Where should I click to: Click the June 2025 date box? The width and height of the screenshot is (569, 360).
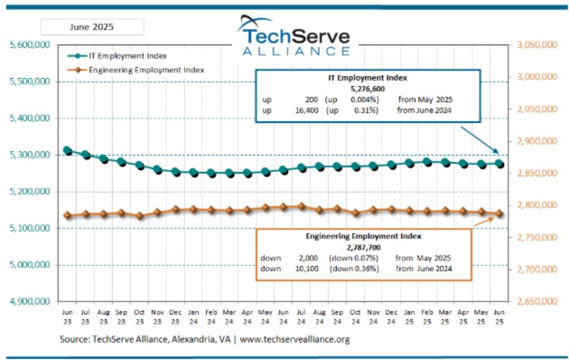[92, 27]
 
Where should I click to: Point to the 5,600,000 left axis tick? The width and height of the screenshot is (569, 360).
[30, 45]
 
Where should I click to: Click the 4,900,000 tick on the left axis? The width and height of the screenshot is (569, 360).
[30, 301]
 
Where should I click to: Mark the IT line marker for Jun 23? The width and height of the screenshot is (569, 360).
[67, 150]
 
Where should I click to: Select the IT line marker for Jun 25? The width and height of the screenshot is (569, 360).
[497, 164]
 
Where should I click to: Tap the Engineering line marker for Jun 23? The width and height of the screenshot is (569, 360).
[67, 215]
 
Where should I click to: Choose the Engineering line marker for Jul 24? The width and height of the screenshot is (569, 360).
[300, 206]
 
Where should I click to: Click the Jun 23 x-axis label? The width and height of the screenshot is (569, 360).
[67, 316]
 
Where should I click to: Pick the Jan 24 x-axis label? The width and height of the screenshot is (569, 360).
[193, 316]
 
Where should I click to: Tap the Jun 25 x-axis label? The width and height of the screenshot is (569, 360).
[497, 316]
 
